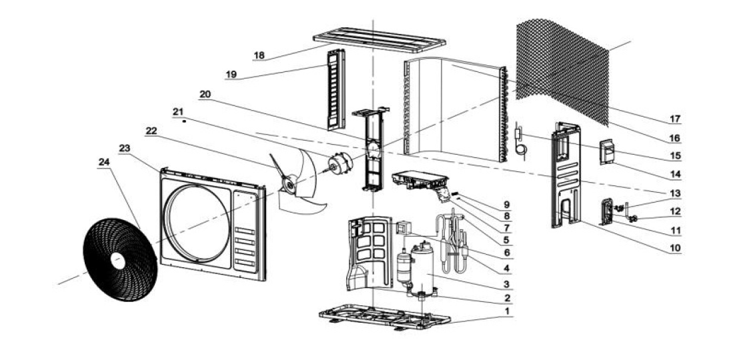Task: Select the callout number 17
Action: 675,120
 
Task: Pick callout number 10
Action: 675,247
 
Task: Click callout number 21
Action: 177,111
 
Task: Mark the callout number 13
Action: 675,193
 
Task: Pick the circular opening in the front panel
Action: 197,223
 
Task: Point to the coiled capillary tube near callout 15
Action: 521,149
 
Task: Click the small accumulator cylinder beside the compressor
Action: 403,267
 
